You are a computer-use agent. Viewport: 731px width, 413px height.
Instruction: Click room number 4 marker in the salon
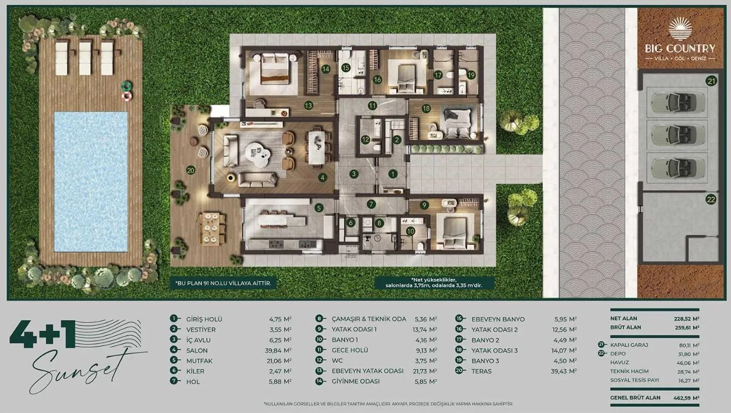pos(323,178)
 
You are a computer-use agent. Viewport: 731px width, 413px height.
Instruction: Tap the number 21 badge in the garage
pos(712,81)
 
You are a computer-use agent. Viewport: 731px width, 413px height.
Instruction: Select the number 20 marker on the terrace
pos(191,170)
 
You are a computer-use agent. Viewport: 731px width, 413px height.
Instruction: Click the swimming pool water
pos(90,182)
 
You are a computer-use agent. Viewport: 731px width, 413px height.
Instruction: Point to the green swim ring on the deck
pos(126,86)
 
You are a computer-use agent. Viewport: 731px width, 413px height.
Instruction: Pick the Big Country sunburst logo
pos(680,29)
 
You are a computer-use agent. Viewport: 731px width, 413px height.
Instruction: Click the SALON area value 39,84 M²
pos(279,350)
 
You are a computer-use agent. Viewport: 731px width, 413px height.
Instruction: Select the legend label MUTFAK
pos(199,361)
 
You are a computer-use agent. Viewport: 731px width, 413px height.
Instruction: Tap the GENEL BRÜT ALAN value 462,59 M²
pos(686,398)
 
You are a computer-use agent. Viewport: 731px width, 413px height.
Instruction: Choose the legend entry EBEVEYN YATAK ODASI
pos(368,371)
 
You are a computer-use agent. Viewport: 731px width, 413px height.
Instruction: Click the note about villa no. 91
pos(223,283)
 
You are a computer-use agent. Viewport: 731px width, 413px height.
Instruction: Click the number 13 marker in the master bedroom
pos(308,106)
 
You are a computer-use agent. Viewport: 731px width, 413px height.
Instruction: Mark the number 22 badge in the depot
pos(711,199)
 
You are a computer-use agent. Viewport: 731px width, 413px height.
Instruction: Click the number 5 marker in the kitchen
pos(319,208)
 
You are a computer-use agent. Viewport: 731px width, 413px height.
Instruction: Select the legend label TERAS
pos(482,371)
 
